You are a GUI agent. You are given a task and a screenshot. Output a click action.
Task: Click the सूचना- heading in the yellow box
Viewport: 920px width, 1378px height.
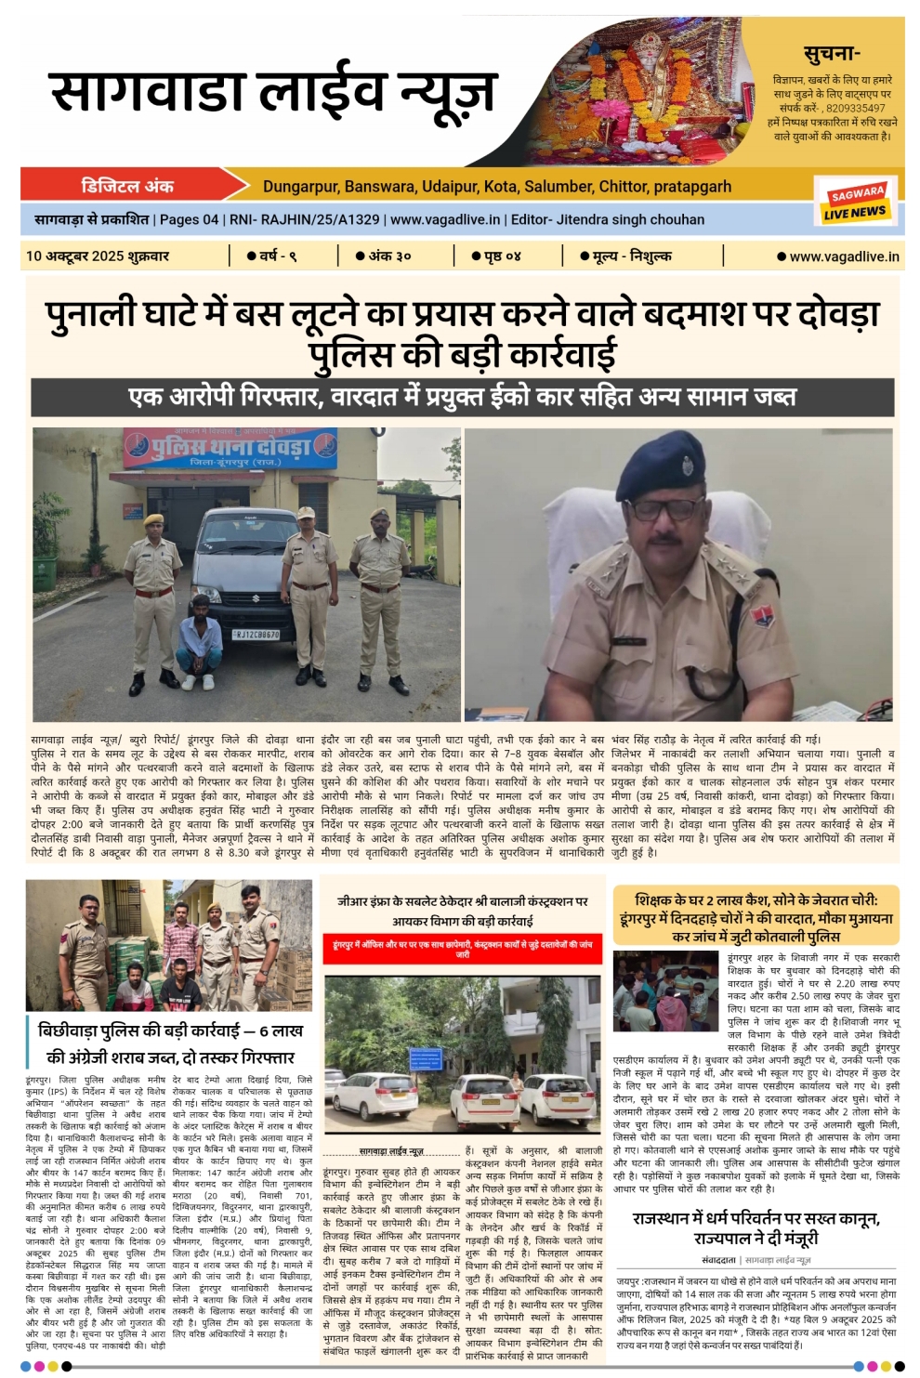pos(832,54)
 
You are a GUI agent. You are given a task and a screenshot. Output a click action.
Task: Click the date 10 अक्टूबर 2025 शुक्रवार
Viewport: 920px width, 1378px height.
pos(98,256)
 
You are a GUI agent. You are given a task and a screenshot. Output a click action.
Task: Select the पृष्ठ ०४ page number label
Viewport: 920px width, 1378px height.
pos(502,256)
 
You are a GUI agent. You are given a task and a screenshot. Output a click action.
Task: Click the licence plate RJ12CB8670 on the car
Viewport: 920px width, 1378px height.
pos(256,635)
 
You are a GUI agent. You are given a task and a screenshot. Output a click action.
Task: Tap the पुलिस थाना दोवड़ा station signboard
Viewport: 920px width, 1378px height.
pos(231,449)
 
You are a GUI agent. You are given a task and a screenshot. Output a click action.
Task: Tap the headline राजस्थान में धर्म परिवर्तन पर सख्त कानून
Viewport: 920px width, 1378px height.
pos(756,1227)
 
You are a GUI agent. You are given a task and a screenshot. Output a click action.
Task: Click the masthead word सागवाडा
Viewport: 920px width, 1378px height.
pos(149,93)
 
